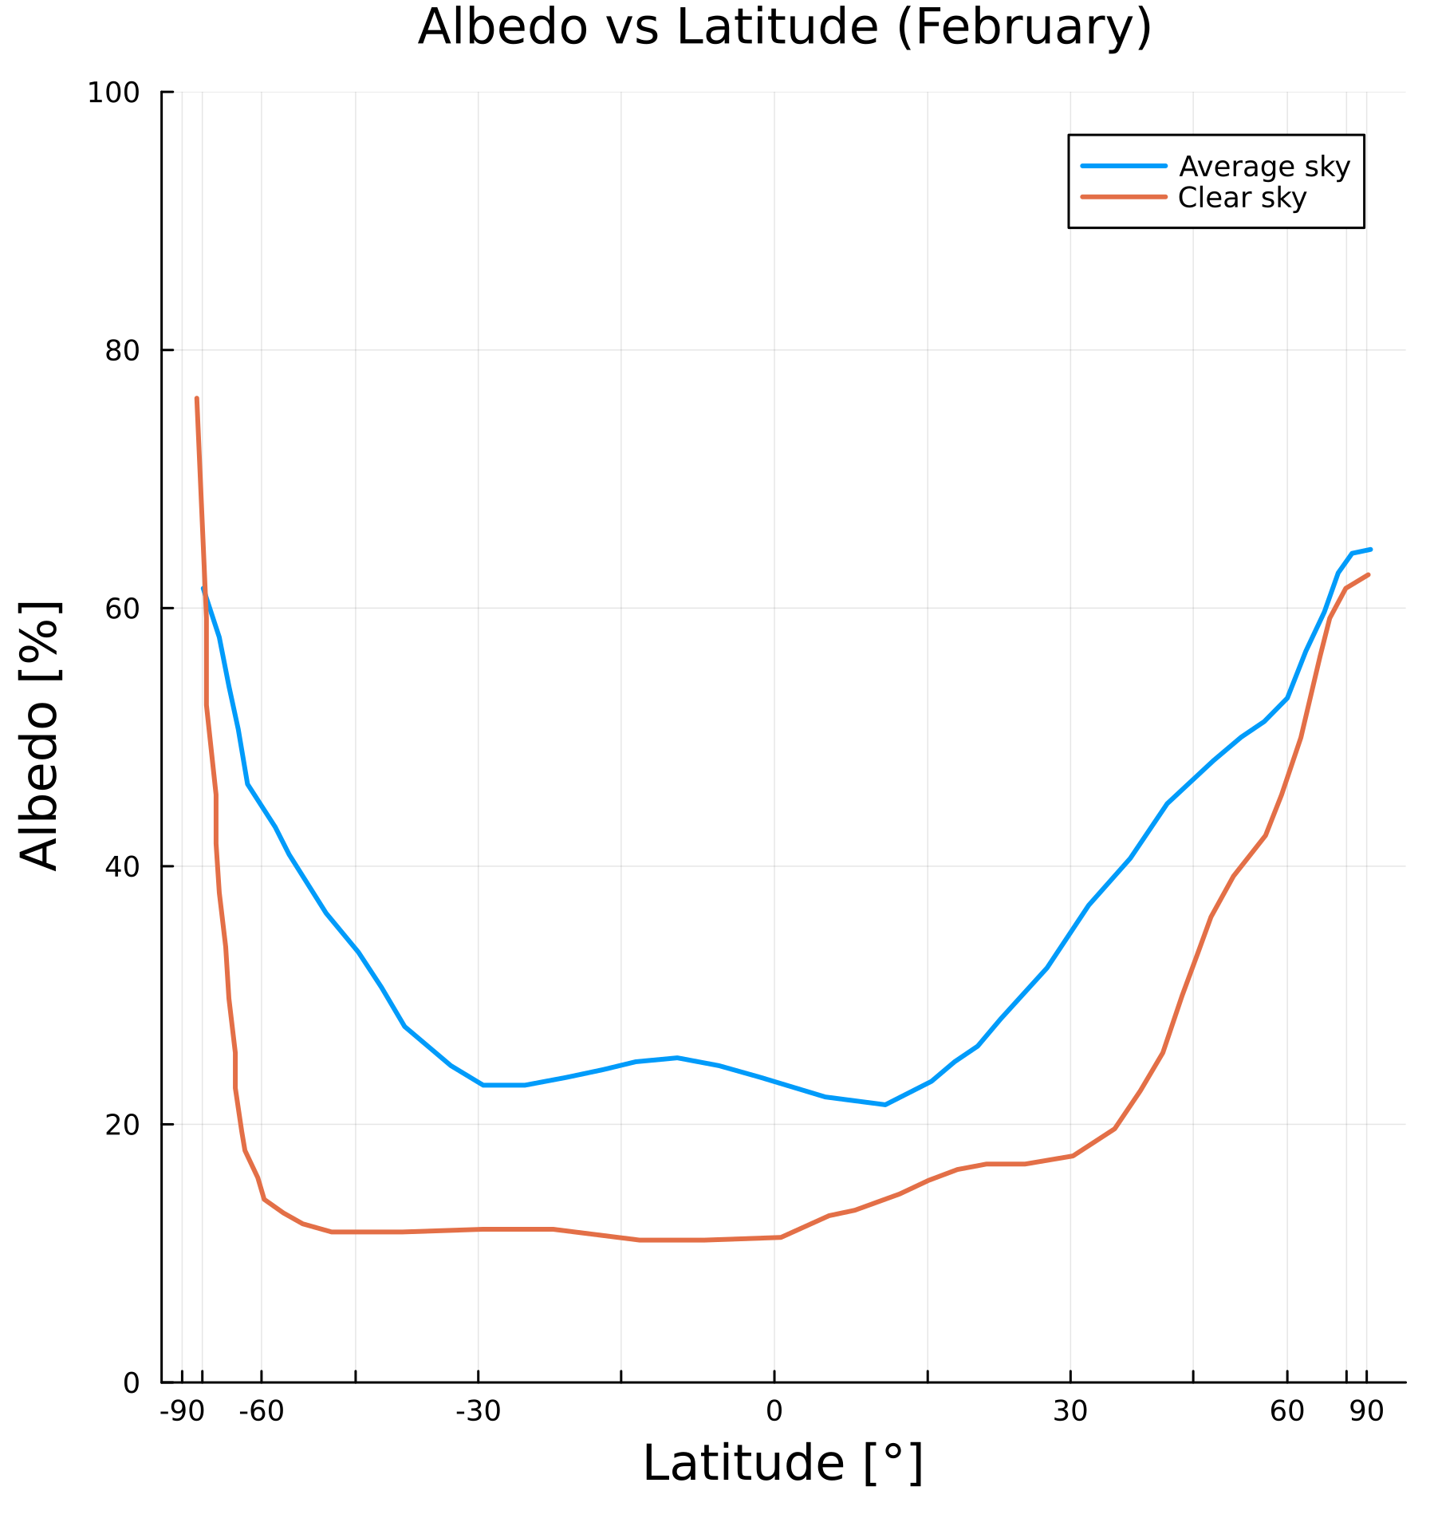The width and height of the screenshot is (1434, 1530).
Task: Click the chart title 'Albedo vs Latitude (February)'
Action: [x=785, y=27]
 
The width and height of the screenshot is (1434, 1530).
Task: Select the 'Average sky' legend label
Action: [x=1264, y=167]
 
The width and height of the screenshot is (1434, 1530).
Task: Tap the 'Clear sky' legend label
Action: [x=1242, y=198]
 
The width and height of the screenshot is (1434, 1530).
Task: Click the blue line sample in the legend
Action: [x=1124, y=167]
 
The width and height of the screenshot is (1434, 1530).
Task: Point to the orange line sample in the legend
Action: [x=1124, y=197]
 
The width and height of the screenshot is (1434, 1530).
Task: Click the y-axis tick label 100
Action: [x=112, y=93]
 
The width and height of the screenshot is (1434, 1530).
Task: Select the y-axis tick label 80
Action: [x=121, y=351]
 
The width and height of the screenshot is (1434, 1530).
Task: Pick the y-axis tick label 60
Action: [x=121, y=609]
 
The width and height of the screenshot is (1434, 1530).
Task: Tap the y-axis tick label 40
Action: [x=121, y=867]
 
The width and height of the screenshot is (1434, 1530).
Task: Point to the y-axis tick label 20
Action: [x=121, y=1126]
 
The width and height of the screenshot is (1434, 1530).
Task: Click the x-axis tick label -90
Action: [x=182, y=1413]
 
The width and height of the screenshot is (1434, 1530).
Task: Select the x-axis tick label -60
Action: [x=262, y=1413]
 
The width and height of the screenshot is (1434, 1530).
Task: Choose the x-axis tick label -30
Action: [x=478, y=1413]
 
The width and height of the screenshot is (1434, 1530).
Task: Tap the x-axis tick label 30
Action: [x=1070, y=1413]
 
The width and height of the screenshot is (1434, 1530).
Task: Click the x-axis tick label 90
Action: [x=1366, y=1413]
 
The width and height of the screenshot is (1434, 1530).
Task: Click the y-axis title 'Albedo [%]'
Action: [x=39, y=735]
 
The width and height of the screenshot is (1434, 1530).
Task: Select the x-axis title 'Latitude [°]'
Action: [x=783, y=1465]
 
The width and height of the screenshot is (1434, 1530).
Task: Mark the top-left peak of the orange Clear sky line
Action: [x=196, y=399]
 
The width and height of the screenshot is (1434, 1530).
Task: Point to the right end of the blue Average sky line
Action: [x=1370, y=549]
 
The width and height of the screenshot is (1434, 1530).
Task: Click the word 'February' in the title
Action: [x=1024, y=27]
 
